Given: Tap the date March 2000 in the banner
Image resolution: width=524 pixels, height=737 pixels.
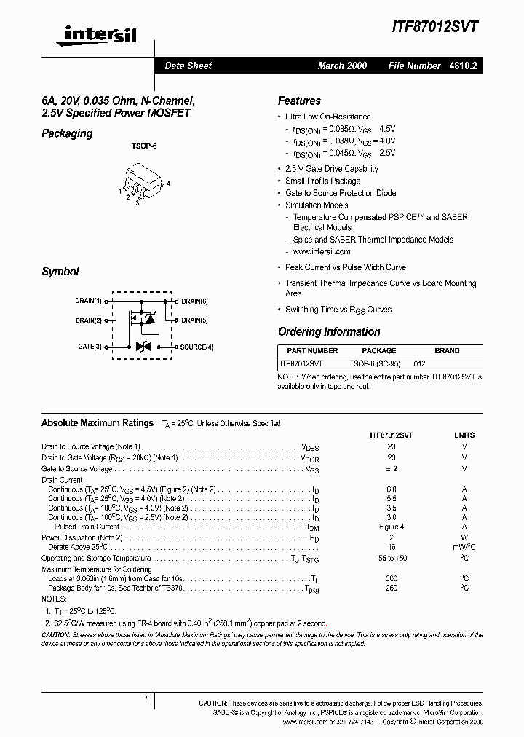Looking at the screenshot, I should coord(342,66).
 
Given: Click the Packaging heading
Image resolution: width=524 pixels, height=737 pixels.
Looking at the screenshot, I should coord(67,133).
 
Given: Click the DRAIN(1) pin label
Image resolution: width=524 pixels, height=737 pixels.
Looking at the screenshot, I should coord(88,301).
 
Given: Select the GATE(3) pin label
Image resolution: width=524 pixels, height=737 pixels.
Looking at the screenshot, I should coord(90,347).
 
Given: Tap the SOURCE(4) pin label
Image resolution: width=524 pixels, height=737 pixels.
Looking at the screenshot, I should coord(196,347).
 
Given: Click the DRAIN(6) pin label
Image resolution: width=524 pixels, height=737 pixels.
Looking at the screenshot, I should coord(194,301).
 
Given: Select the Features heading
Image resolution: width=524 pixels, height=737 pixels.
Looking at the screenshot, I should coord(299,101).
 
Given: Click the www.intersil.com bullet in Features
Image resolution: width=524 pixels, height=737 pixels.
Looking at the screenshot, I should coord(322,251).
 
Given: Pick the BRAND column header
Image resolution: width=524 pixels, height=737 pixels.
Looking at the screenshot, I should coord(447,350).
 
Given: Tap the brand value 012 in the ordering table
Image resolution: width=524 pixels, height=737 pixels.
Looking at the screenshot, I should coord(419,363).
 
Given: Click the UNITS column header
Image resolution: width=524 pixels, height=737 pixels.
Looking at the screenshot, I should coord(464,434).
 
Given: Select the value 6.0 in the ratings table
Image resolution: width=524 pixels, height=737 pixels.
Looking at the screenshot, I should coord(392,489).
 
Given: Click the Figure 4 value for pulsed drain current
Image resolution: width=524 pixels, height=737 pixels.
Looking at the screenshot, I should coord(392,527).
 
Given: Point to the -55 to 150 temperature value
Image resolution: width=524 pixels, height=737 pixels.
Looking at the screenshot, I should coord(392,558).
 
